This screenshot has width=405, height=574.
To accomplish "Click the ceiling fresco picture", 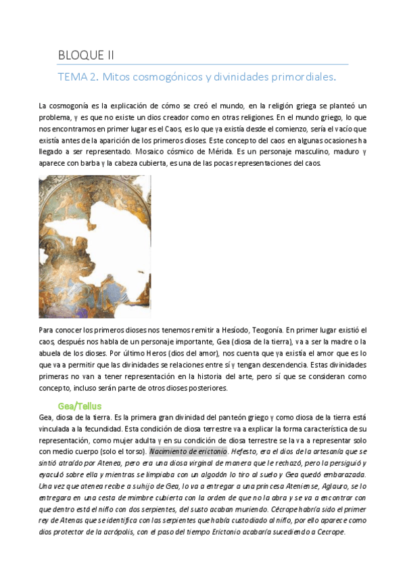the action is click(x=95, y=246).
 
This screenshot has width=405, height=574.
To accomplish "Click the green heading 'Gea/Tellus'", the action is click(x=80, y=405).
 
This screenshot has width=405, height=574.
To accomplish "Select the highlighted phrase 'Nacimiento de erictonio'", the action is click(x=188, y=451).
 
